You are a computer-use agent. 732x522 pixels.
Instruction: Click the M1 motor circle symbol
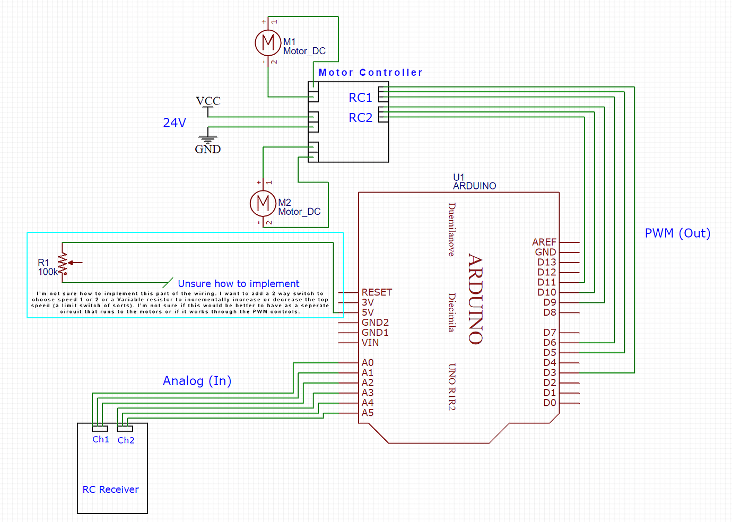click(268, 42)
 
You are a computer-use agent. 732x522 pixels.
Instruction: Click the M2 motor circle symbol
click(263, 203)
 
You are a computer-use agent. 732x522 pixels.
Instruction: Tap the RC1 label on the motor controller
click(360, 98)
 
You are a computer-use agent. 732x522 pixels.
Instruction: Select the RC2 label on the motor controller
click(360, 118)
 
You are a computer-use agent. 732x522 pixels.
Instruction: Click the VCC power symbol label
click(208, 101)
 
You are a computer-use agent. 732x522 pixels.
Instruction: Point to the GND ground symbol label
click(207, 149)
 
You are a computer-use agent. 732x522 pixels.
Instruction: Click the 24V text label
click(175, 123)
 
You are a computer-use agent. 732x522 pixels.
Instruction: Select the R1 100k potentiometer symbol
click(63, 263)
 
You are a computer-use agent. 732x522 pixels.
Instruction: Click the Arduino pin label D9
click(550, 302)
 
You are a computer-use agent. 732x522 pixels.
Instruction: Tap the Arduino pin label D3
click(550, 373)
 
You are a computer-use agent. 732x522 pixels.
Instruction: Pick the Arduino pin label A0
click(368, 363)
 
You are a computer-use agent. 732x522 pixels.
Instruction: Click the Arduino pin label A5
click(368, 413)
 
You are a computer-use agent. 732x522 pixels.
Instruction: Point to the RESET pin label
click(377, 292)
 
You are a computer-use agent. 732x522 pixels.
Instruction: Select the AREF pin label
click(544, 242)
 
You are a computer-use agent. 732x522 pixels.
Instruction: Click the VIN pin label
click(370, 343)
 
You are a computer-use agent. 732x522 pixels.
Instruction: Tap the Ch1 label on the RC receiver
click(101, 439)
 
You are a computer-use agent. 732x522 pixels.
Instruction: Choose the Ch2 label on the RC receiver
click(126, 440)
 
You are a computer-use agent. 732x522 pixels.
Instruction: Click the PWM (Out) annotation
click(677, 233)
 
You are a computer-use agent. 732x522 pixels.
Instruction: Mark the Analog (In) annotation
click(197, 381)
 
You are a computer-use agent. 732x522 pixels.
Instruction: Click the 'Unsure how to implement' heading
click(238, 284)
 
